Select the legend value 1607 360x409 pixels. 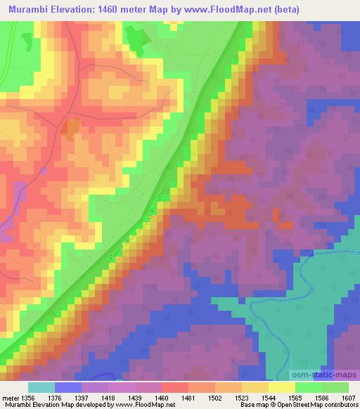coord(348,397)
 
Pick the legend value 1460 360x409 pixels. coord(162,397)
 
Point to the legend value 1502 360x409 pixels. coord(215,397)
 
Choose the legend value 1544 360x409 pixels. coord(269,397)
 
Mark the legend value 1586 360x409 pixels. coord(321,397)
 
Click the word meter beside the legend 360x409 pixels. coord(10,397)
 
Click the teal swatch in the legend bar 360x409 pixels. coord(41,387)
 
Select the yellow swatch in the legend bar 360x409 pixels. coord(282,387)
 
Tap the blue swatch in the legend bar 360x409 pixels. coord(68,387)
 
